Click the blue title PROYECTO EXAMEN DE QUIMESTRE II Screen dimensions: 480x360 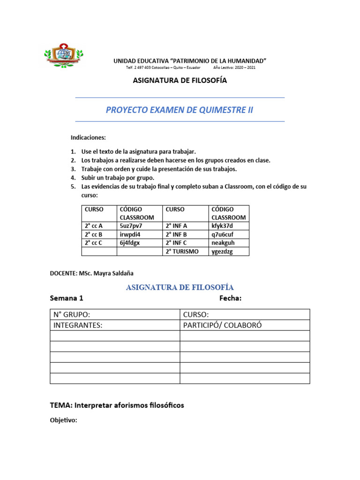click(x=180, y=110)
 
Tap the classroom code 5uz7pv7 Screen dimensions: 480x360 click(x=131, y=226)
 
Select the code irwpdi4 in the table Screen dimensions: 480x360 click(x=130, y=234)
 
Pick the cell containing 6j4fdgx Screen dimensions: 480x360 click(x=130, y=243)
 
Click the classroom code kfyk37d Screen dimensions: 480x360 click(x=222, y=226)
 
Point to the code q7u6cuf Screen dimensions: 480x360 click(x=222, y=234)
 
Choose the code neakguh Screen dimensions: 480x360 click(x=223, y=243)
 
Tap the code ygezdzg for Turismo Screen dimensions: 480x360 click(x=222, y=251)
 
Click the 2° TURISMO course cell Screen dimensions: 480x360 click(x=182, y=251)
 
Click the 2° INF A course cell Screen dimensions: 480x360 click(x=176, y=226)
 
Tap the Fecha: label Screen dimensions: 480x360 click(x=230, y=298)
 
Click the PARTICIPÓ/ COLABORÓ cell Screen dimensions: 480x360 click(x=222, y=325)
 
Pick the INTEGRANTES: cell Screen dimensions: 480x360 click(x=78, y=325)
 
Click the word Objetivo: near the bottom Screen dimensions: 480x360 click(x=63, y=420)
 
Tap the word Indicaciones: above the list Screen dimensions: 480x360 click(x=88, y=138)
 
